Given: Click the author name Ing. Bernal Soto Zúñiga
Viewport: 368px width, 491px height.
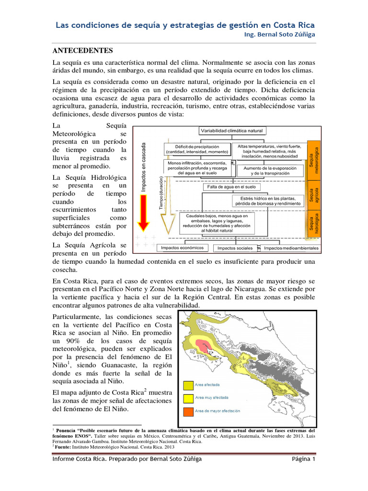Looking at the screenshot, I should (280, 35).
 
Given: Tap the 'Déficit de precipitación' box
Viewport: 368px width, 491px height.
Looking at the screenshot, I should (197, 149).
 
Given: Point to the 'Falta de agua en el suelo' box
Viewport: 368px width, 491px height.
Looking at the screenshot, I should (231, 187).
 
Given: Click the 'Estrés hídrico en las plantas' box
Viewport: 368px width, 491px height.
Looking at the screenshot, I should (268, 201).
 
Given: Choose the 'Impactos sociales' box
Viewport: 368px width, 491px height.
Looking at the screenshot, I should (235, 248).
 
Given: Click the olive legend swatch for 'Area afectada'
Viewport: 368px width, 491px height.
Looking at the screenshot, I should (187, 384).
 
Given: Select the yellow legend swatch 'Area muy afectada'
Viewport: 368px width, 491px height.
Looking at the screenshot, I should (187, 397).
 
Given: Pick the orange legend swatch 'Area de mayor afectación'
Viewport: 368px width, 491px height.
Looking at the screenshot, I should (187, 411).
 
